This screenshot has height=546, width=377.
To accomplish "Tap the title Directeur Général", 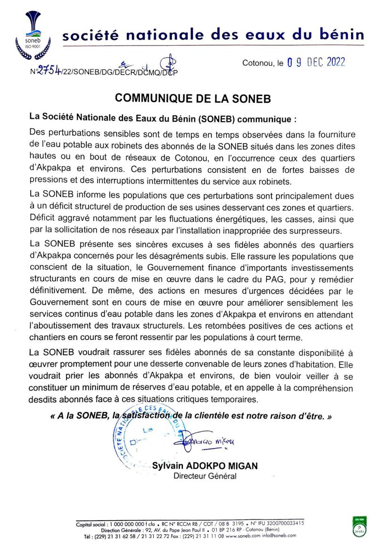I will click(x=205, y=476).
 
